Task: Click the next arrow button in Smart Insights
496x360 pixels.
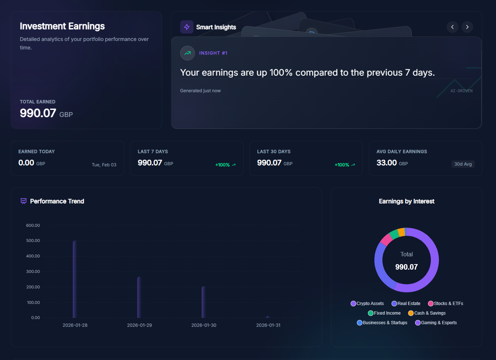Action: pos(467,27)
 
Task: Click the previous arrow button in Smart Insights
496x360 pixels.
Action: pos(453,27)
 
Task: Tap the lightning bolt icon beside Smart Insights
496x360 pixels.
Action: pos(187,27)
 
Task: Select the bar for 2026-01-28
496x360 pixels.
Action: pos(75,279)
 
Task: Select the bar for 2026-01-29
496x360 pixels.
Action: pos(139,297)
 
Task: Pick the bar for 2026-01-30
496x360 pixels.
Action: pos(203,302)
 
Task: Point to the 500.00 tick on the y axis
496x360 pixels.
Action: pos(33,240)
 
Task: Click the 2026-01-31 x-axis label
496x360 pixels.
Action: pos(268,325)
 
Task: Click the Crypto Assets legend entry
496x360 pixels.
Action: pos(367,304)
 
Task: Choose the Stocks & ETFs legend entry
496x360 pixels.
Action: pos(446,304)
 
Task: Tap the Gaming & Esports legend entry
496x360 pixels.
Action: pos(436,323)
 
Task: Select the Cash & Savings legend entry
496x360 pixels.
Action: pos(427,313)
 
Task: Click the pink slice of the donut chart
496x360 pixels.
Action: pos(386,240)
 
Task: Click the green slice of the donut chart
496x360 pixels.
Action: pos(394,234)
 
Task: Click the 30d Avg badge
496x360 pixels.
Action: pos(463,164)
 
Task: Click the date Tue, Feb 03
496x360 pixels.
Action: pos(104,165)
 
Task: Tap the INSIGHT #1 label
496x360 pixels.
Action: pos(213,53)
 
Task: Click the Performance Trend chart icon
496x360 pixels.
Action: pos(24,201)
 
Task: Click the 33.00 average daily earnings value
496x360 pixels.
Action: pos(387,163)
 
